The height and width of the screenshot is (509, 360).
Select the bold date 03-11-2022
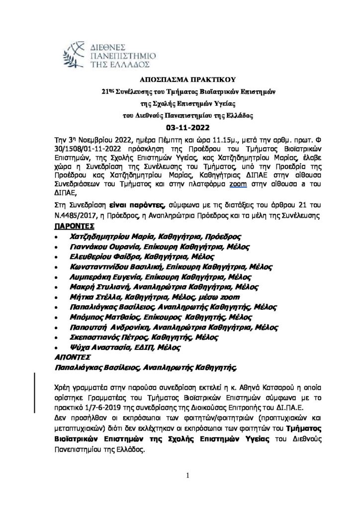point(180,127)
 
